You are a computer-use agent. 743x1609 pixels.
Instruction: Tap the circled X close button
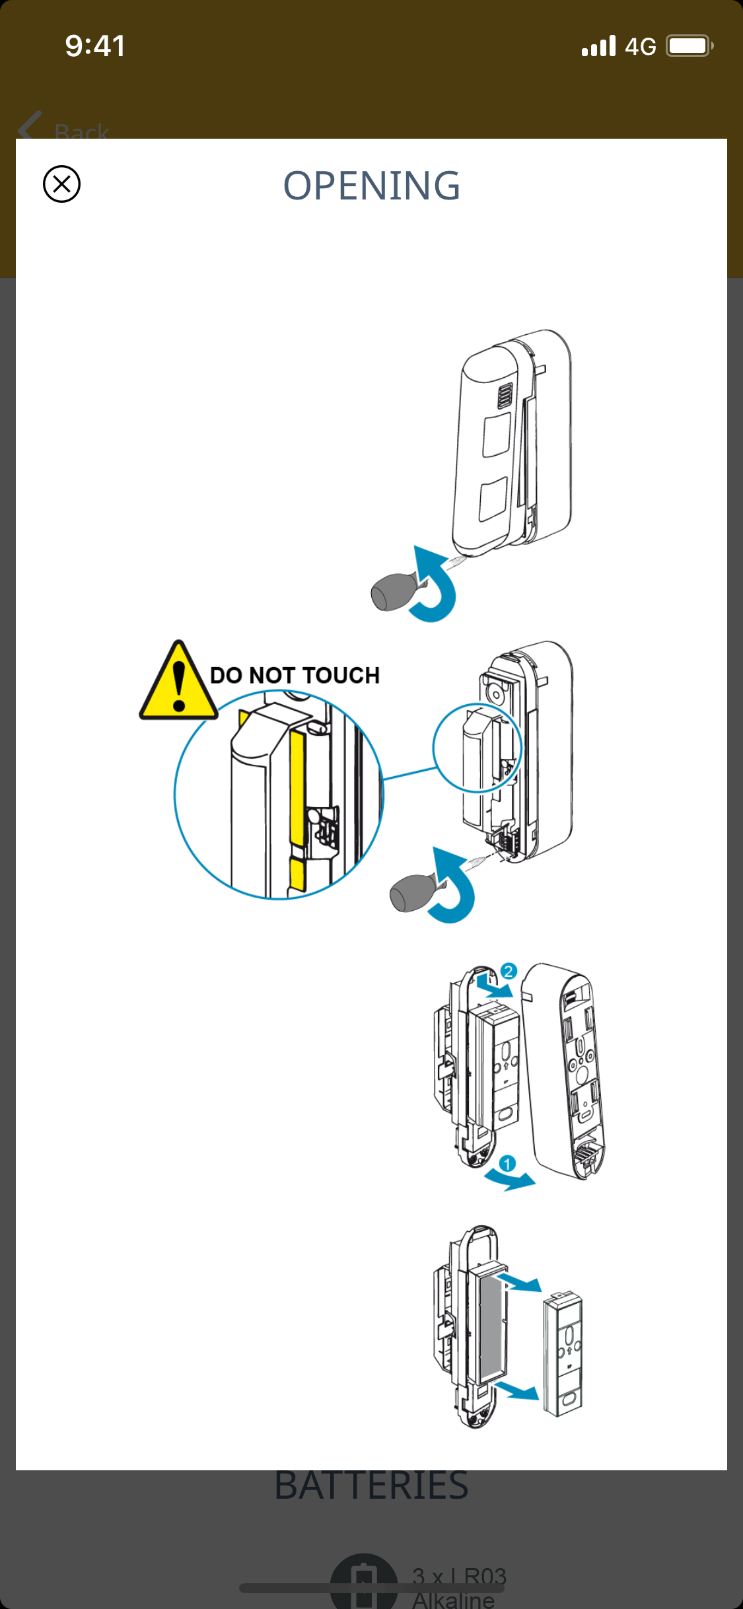[61, 184]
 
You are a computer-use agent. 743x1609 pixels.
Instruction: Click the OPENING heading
[371, 186]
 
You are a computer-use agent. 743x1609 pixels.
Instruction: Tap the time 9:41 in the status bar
[95, 46]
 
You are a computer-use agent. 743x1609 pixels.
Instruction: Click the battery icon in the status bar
[689, 46]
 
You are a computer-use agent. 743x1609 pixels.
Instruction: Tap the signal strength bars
[598, 46]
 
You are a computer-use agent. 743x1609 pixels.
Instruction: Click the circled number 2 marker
[508, 971]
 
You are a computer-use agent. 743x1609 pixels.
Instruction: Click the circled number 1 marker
[507, 1164]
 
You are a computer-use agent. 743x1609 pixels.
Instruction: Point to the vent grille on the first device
[505, 396]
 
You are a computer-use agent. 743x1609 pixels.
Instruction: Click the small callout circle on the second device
[477, 748]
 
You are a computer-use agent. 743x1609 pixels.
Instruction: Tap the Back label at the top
[81, 131]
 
